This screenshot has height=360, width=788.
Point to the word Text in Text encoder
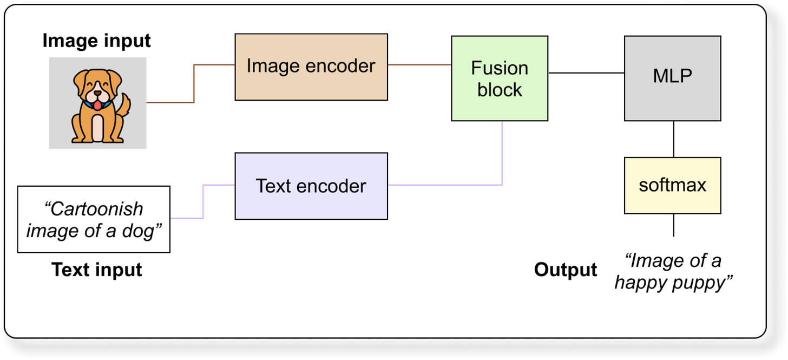pyautogui.click(x=274, y=186)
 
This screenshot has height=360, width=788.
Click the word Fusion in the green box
pyautogui.click(x=500, y=68)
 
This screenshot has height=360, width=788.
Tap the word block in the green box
pyautogui.click(x=500, y=90)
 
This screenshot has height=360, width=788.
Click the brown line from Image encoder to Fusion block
pyautogui.click(x=419, y=65)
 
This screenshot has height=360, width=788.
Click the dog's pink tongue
pyautogui.click(x=96, y=105)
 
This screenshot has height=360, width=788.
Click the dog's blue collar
pyautogui.click(x=87, y=103)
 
